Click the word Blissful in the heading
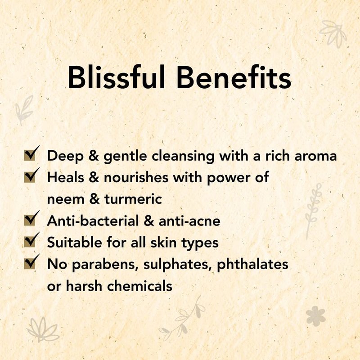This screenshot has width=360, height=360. click(x=117, y=77)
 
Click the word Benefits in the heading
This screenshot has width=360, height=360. click(x=234, y=77)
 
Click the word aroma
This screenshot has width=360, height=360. click(x=315, y=156)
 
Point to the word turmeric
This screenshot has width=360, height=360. click(x=133, y=199)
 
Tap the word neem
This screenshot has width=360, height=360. click(x=66, y=199)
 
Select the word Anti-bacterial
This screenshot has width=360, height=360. click(x=93, y=220)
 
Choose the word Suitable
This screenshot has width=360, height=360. click(x=74, y=242)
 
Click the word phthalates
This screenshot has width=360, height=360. click(x=252, y=264)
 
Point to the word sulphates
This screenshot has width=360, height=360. click(x=177, y=265)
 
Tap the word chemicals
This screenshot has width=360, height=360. click(x=139, y=286)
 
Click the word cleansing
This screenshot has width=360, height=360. click(x=183, y=156)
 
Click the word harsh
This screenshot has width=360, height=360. click(x=84, y=286)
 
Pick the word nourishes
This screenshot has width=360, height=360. click(x=136, y=178)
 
